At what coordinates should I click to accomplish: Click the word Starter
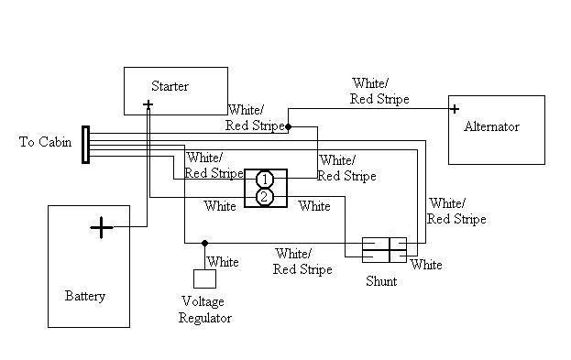pyautogui.click(x=170, y=87)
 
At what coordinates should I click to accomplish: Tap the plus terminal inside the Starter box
pyautogui.click(x=148, y=105)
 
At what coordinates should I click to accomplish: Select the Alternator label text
pyautogui.click(x=491, y=127)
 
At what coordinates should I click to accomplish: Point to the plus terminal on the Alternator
pyautogui.click(x=454, y=108)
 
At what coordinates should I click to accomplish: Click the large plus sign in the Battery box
pyautogui.click(x=101, y=227)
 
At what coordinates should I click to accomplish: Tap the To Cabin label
pyautogui.click(x=45, y=143)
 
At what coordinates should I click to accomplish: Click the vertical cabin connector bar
pyautogui.click(x=85, y=145)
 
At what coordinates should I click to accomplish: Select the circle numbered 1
pyautogui.click(x=264, y=179)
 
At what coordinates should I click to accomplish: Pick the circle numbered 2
pyautogui.click(x=264, y=197)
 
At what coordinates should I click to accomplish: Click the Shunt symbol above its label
pyautogui.click(x=383, y=249)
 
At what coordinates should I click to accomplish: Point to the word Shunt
pyautogui.click(x=381, y=281)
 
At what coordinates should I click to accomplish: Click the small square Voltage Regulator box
pyautogui.click(x=203, y=279)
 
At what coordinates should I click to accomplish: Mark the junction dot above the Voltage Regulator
pyautogui.click(x=204, y=244)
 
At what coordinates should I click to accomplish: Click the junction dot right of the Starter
pyautogui.click(x=288, y=126)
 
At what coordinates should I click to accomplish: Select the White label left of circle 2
pyautogui.click(x=220, y=206)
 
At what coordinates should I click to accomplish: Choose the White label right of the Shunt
pyautogui.click(x=426, y=266)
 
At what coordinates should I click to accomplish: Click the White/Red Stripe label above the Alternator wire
pyautogui.click(x=379, y=92)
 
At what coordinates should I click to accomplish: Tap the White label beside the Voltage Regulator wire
pyautogui.click(x=224, y=262)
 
